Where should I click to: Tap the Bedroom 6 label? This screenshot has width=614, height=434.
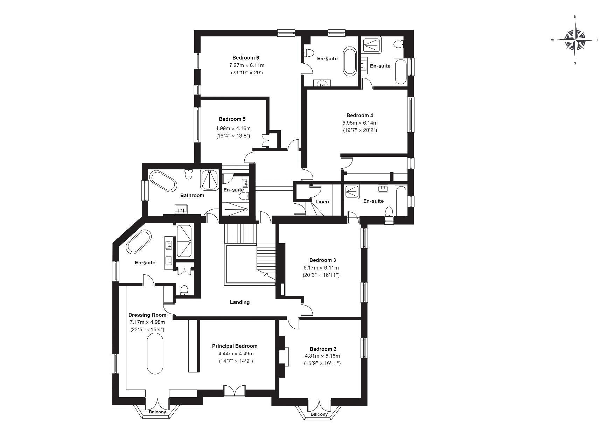tap(246, 58)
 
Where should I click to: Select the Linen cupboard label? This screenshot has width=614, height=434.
tap(322, 202)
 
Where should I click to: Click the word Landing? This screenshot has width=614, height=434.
tap(240, 302)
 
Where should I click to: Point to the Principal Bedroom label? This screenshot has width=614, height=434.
tap(235, 346)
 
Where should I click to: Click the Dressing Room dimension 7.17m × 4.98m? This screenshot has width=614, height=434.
tap(147, 322)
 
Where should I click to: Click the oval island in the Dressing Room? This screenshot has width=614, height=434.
tap(155, 354)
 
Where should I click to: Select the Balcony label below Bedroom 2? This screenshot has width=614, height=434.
tap(319, 414)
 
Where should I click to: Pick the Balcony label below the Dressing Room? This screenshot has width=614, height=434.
tap(157, 412)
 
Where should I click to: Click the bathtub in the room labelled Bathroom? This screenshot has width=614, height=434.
tap(163, 181)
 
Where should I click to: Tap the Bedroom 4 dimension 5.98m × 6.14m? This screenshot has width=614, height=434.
tap(360, 123)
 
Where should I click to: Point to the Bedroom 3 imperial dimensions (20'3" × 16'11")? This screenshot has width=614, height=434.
tap(321, 275)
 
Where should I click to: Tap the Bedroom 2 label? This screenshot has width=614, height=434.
tap(323, 349)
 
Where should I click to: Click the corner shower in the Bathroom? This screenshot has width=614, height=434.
tap(210, 180)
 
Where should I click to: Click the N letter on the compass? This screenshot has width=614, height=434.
tap(575, 17)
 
